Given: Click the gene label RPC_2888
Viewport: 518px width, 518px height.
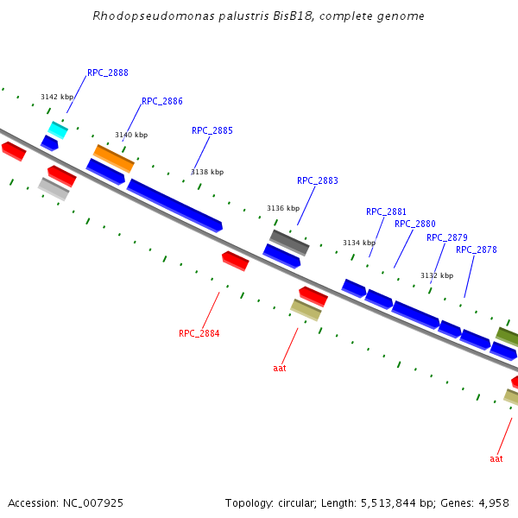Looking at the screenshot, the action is point(108,73).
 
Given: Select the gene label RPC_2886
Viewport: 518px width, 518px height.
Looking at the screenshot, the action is point(162,101).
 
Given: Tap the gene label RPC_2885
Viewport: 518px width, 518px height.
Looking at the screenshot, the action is point(212,131).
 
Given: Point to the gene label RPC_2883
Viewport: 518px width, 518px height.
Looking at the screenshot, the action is point(318,181).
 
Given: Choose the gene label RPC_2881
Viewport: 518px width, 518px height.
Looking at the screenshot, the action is point(386,212).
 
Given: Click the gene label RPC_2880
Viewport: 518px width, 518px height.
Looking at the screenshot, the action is point(415,224).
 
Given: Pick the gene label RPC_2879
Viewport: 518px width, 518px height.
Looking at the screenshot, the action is point(447,237).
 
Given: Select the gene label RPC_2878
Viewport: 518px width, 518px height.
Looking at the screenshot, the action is point(477,250).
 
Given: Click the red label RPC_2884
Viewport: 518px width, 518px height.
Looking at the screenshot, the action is point(199,333).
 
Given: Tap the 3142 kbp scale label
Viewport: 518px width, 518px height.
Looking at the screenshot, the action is point(57,98).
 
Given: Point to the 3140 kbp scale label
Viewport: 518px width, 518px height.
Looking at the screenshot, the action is point(131,135).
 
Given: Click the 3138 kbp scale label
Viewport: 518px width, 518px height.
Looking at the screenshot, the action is point(207,172).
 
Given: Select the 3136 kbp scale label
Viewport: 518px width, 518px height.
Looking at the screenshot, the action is point(283,208).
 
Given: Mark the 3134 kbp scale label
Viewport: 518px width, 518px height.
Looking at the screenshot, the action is point(359,243).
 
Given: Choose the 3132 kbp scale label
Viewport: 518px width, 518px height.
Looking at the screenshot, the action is point(437,275).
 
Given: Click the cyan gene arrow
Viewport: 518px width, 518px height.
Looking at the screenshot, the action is point(58,130).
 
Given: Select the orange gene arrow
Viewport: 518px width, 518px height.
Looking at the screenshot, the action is point(114,158).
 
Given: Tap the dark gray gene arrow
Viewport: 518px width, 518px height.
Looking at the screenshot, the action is point(289,243).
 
